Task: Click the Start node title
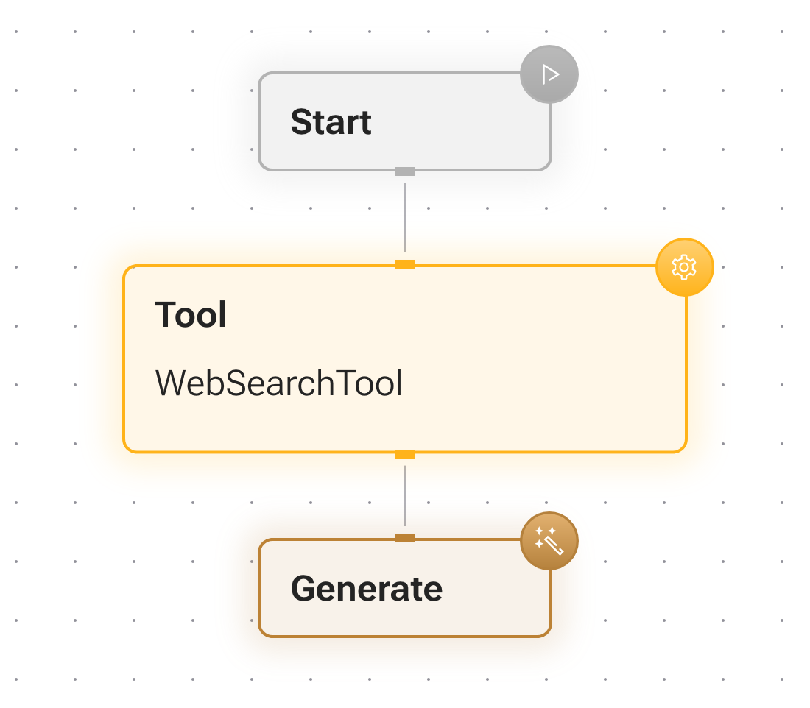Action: pyautogui.click(x=331, y=122)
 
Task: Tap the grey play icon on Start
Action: pyautogui.click(x=549, y=74)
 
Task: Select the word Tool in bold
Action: pyautogui.click(x=191, y=314)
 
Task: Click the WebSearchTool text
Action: pyautogui.click(x=279, y=383)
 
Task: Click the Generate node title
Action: pyautogui.click(x=367, y=590)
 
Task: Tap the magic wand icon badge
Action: pyautogui.click(x=549, y=541)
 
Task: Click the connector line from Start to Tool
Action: pyautogui.click(x=405, y=218)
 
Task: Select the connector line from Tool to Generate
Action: pyautogui.click(x=405, y=496)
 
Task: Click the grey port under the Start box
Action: pyautogui.click(x=405, y=171)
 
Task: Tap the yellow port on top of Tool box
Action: pyautogui.click(x=405, y=264)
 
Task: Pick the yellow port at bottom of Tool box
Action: pyautogui.click(x=405, y=454)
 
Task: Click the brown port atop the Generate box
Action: pyautogui.click(x=405, y=538)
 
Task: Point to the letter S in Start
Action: pyautogui.click(x=301, y=122)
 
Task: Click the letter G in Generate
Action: pyautogui.click(x=304, y=589)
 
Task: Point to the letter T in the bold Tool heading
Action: pyautogui.click(x=165, y=314)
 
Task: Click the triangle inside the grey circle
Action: pyautogui.click(x=551, y=74)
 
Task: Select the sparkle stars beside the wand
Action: pyautogui.click(x=544, y=536)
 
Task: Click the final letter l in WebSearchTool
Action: pyautogui.click(x=399, y=383)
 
